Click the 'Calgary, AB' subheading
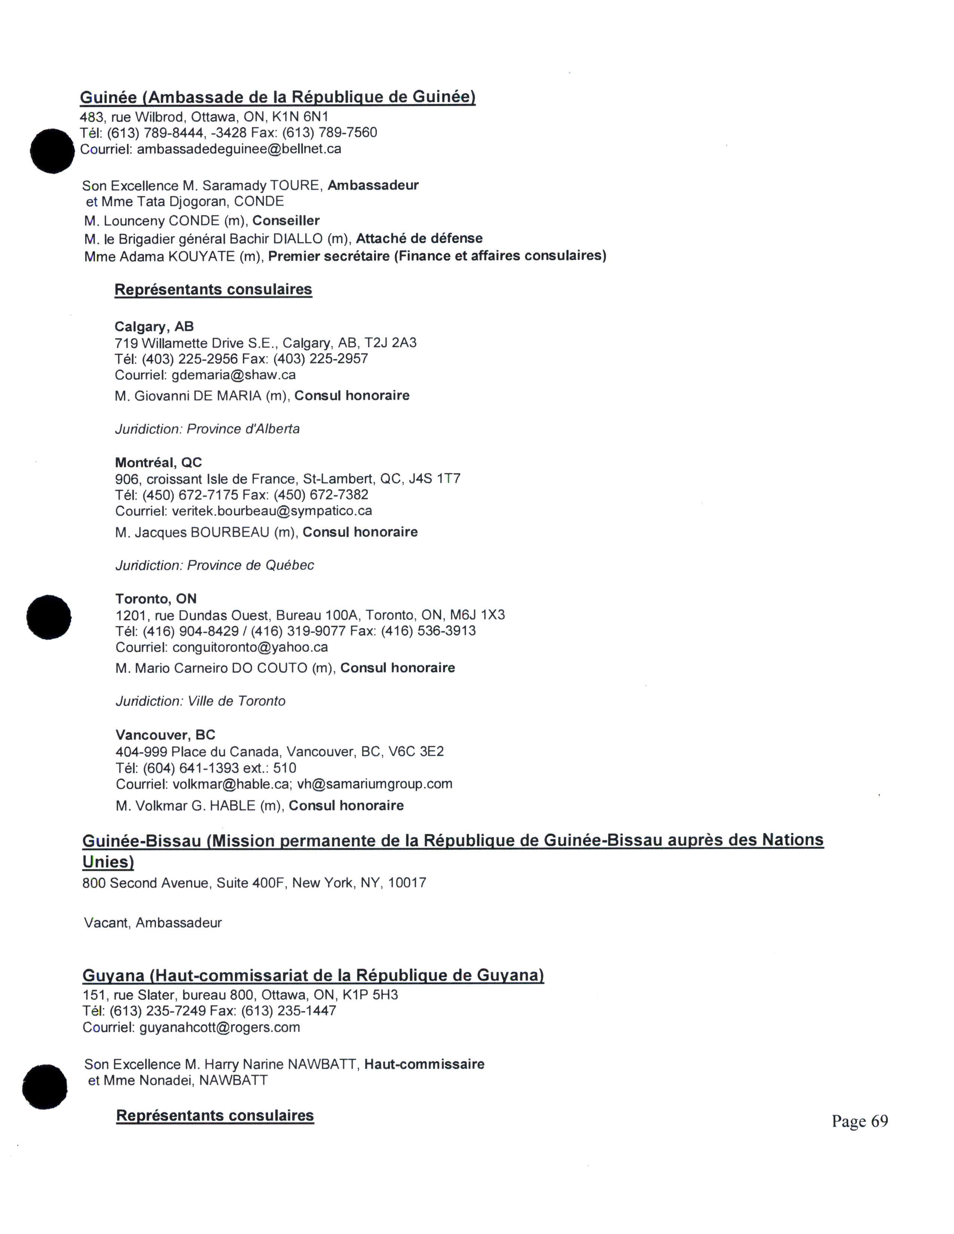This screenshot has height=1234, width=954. point(154,326)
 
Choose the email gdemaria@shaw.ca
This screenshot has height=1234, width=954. point(233,375)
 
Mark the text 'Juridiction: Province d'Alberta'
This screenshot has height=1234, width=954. point(207,429)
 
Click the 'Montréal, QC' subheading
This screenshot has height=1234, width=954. point(158,463)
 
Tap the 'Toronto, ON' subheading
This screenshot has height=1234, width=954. point(155,599)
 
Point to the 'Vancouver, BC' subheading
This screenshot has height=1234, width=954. point(165,735)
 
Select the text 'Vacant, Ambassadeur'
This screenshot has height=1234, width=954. point(153,923)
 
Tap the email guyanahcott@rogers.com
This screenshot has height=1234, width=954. point(219,1027)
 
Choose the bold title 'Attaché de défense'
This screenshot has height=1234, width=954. point(419,239)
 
